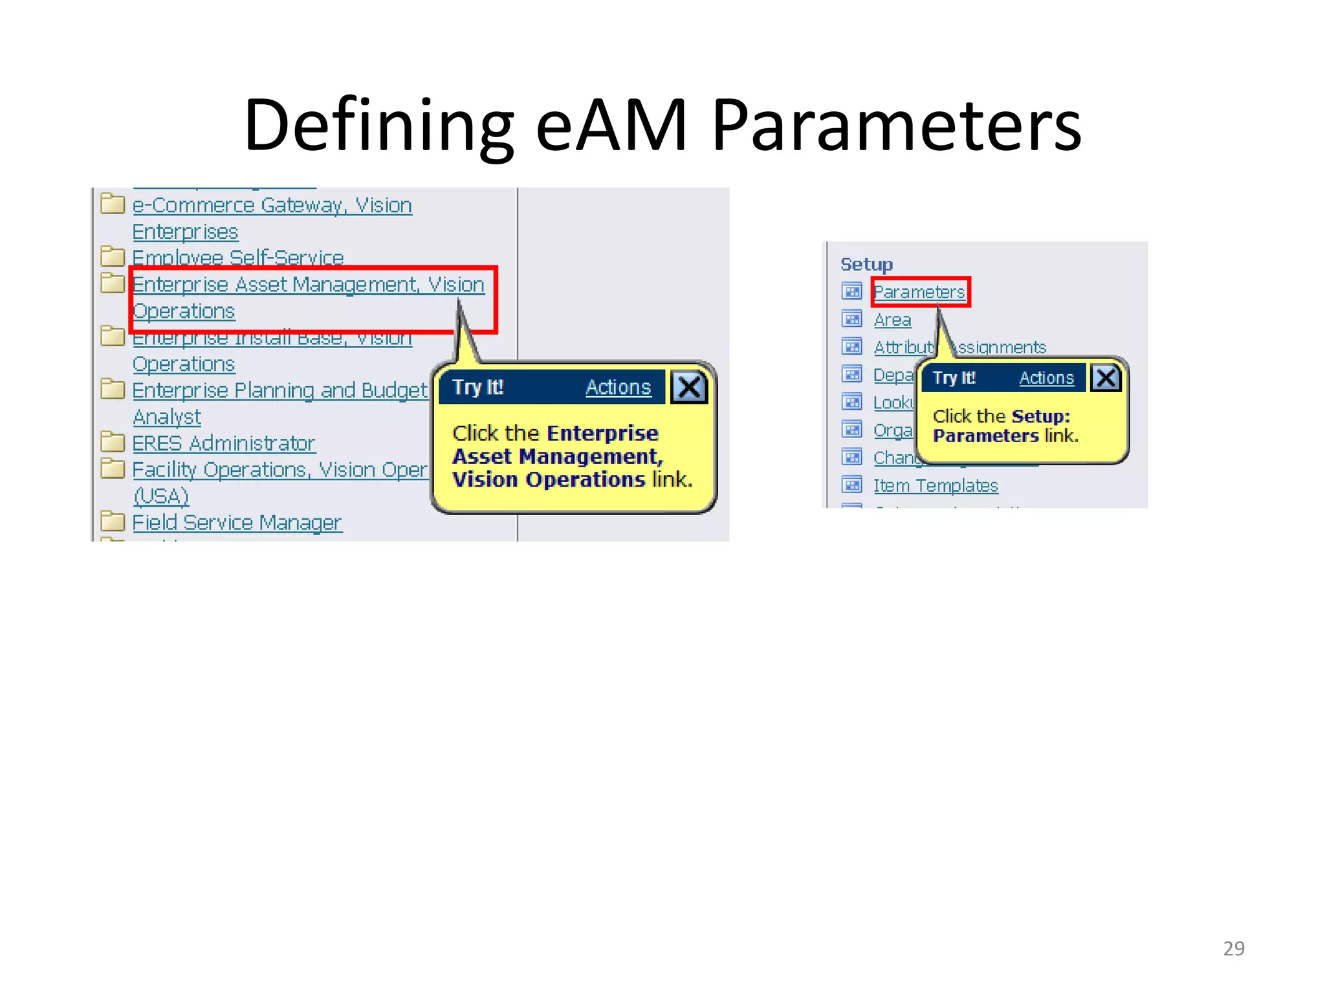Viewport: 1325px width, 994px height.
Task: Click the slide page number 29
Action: click(x=1233, y=948)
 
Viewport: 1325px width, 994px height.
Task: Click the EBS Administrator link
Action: click(x=223, y=443)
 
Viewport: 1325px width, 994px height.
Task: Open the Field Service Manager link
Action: click(x=237, y=522)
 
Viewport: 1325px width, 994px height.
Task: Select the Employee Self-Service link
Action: click(x=237, y=258)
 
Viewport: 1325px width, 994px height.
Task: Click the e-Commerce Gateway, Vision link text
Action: click(x=272, y=205)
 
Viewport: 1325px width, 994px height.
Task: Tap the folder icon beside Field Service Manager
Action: click(x=113, y=520)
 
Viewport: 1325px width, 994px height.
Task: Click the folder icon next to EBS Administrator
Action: click(x=113, y=442)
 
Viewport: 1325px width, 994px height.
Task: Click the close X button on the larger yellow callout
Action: click(x=688, y=388)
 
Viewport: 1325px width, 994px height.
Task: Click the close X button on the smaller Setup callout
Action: click(x=1106, y=377)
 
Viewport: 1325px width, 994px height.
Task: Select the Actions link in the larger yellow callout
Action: click(x=618, y=387)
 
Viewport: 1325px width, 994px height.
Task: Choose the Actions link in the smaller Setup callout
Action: click(x=1046, y=378)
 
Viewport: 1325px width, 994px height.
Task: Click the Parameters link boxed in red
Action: click(x=919, y=292)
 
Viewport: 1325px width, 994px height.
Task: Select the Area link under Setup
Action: click(x=892, y=320)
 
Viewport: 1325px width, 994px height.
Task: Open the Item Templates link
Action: click(x=936, y=485)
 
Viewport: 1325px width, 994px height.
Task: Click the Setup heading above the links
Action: click(x=866, y=264)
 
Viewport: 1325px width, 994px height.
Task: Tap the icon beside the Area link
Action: click(x=851, y=319)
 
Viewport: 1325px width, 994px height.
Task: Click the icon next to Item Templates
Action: click(x=851, y=485)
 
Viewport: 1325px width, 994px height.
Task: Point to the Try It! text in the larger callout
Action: click(x=477, y=387)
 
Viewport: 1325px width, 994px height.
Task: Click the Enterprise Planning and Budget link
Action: click(x=279, y=390)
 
